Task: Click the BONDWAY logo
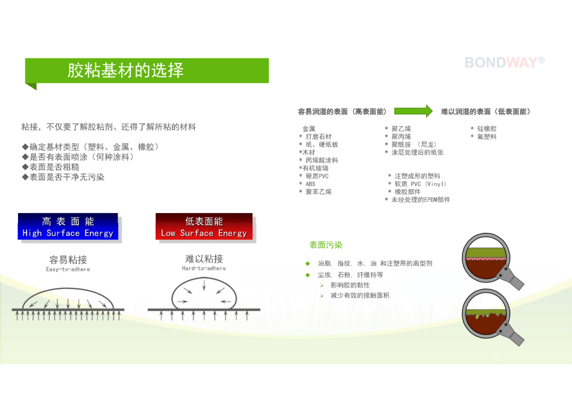[x=505, y=63]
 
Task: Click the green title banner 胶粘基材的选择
[x=147, y=71]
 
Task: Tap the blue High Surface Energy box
[x=68, y=226]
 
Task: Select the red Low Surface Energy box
[x=204, y=226]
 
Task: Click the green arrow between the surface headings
[x=413, y=111]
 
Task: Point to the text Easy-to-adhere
[x=68, y=269]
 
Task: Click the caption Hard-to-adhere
[x=204, y=268]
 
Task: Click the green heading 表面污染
[x=326, y=245]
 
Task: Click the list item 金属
[x=309, y=128]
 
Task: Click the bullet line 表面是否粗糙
[x=50, y=168]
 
